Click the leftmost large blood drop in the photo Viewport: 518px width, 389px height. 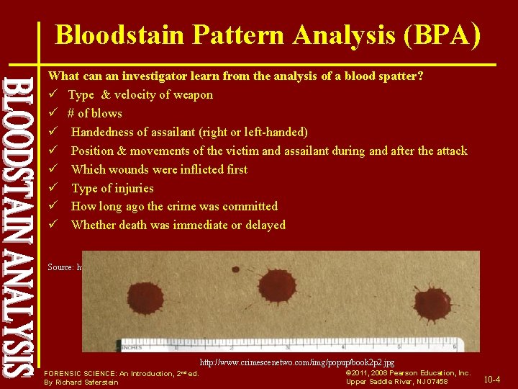(146, 298)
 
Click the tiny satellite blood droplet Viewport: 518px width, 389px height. (235, 269)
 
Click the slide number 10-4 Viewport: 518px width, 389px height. (493, 379)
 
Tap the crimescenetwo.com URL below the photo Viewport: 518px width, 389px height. (297, 362)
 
